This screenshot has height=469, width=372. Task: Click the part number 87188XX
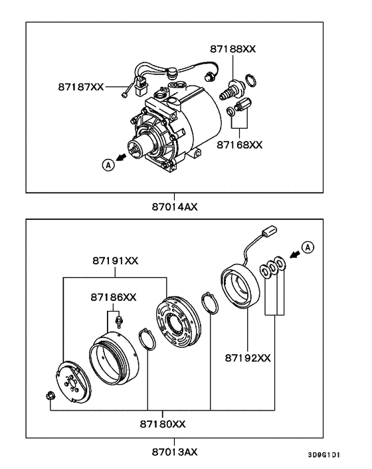tap(233, 49)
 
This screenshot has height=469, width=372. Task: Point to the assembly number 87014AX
tap(174, 206)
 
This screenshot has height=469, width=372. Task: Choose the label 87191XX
tap(115, 261)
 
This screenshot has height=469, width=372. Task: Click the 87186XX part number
tap(114, 297)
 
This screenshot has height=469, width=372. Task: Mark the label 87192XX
tap(247, 358)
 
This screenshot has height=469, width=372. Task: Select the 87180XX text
tap(162, 423)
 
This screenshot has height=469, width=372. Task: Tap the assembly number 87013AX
tap(174, 452)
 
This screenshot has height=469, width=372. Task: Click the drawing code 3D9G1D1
tap(324, 456)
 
